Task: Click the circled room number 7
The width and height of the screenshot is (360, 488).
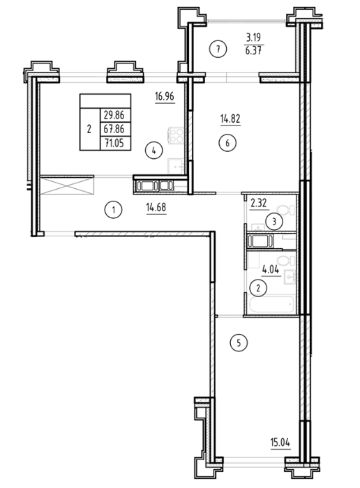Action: tap(218, 49)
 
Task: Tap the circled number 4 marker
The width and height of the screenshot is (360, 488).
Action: tap(154, 151)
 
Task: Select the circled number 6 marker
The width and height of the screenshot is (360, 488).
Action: tap(227, 143)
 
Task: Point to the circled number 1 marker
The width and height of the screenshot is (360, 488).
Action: tap(113, 210)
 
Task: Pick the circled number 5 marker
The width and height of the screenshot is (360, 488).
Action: tap(239, 343)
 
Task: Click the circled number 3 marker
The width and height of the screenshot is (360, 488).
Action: tap(274, 222)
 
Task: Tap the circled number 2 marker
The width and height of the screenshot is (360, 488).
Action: tap(258, 288)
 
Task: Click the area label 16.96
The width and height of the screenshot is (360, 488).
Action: tap(165, 96)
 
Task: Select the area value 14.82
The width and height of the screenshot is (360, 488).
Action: tap(230, 119)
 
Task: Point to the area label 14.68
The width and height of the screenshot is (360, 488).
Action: tap(156, 207)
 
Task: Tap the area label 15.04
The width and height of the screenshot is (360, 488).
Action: tap(280, 442)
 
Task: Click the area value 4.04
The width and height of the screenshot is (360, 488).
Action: tap(270, 270)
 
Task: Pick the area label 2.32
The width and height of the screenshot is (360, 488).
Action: tap(258, 204)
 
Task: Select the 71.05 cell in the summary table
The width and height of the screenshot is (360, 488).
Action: tap(114, 143)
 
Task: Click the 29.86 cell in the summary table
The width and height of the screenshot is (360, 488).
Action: tap(114, 115)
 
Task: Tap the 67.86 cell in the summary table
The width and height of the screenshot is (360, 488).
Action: tap(114, 129)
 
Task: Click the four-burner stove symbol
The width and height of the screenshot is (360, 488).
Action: tap(177, 135)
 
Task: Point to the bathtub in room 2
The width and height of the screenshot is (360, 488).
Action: tap(270, 304)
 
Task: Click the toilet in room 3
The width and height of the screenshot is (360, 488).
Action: tap(286, 209)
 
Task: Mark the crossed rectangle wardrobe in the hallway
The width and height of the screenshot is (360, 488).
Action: tap(67, 185)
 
